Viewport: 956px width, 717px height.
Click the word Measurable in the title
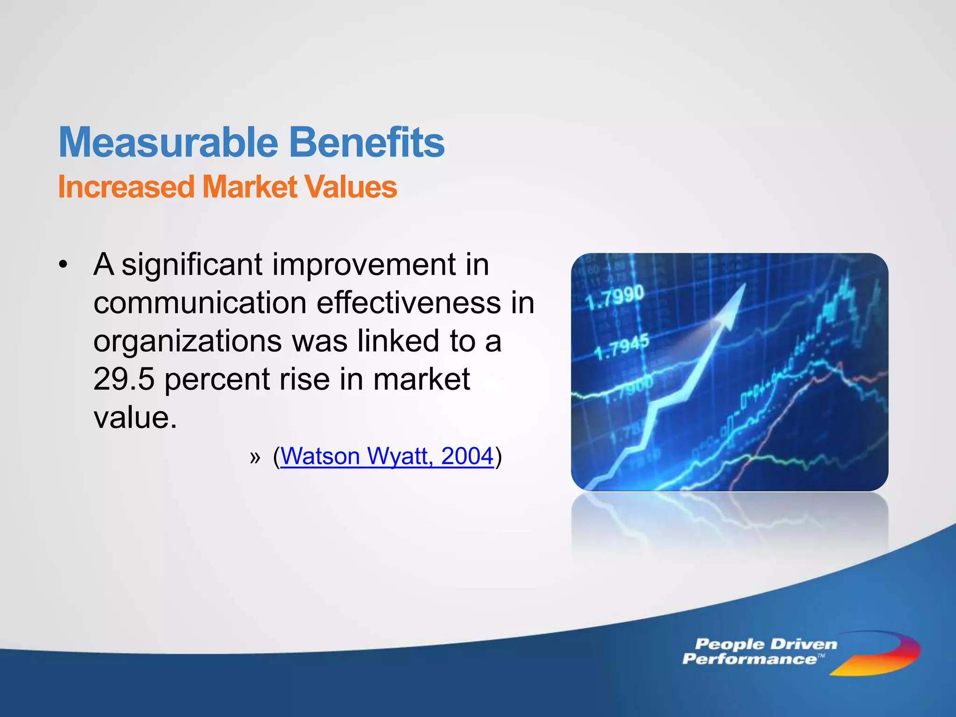[x=168, y=142]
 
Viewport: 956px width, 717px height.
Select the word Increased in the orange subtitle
[x=126, y=187]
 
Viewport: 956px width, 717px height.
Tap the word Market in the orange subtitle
[x=249, y=187]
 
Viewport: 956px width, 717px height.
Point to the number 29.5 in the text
[x=123, y=379]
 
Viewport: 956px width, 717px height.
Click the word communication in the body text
[x=200, y=303]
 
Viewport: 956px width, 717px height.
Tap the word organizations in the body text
[x=187, y=341]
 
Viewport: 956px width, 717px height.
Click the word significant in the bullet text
[x=192, y=265]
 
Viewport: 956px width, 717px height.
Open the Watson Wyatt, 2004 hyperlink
[x=387, y=456]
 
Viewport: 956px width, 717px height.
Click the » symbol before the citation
[x=255, y=457]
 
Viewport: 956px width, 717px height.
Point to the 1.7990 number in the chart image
[x=615, y=298]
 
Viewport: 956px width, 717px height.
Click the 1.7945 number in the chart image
[x=621, y=348]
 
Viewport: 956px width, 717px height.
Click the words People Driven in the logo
[x=766, y=645]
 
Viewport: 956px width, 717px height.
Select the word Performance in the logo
[x=749, y=659]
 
